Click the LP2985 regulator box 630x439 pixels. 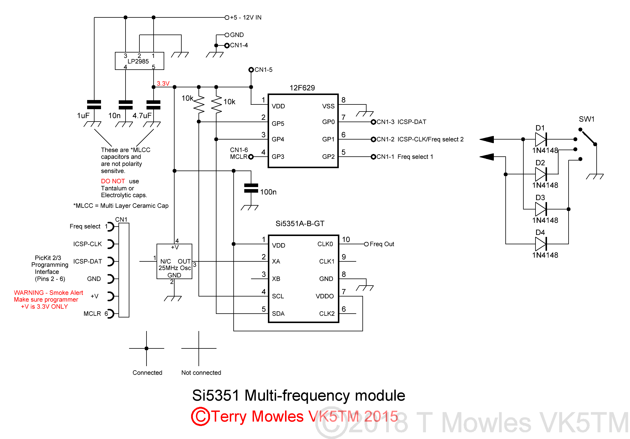(139, 61)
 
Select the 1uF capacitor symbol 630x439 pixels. (94, 105)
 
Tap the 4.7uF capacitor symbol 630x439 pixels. (153, 105)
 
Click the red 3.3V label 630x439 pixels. (163, 83)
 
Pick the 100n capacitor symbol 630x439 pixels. (251, 188)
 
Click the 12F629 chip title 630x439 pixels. (302, 88)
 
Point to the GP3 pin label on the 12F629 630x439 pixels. (278, 157)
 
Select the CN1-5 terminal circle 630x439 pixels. (251, 70)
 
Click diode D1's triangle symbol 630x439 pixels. (541, 139)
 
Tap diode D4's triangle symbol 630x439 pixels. (541, 244)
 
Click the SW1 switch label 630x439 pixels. (586, 119)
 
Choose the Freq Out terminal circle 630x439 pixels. (366, 244)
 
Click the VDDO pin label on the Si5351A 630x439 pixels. (324, 296)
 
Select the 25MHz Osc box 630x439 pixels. (174, 261)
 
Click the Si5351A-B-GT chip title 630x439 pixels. (300, 224)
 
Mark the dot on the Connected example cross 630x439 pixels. (146, 348)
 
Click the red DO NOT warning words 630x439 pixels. (113, 181)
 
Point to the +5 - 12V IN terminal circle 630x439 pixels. (227, 18)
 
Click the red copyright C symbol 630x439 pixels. (200, 417)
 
